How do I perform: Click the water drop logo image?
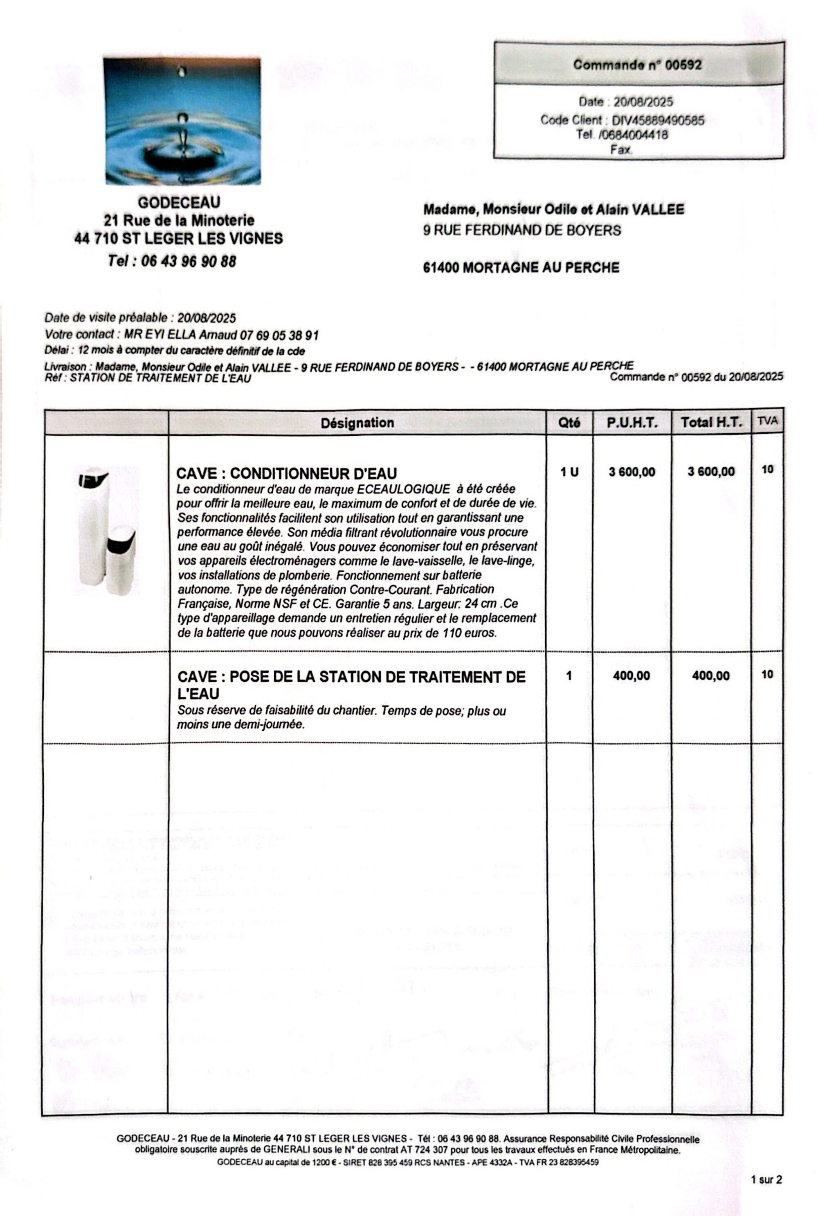[182, 121]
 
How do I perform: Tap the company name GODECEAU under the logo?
[179, 202]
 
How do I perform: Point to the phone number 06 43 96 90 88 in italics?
[188, 261]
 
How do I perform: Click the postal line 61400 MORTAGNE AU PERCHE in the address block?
[521, 268]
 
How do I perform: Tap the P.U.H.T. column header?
[632, 423]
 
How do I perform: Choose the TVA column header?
[767, 421]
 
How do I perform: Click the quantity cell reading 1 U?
[569, 472]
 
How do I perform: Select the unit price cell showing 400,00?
[631, 676]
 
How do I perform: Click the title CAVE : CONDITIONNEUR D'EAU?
[286, 473]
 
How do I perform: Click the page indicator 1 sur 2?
[766, 1180]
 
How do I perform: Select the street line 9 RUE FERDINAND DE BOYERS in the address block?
[522, 230]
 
